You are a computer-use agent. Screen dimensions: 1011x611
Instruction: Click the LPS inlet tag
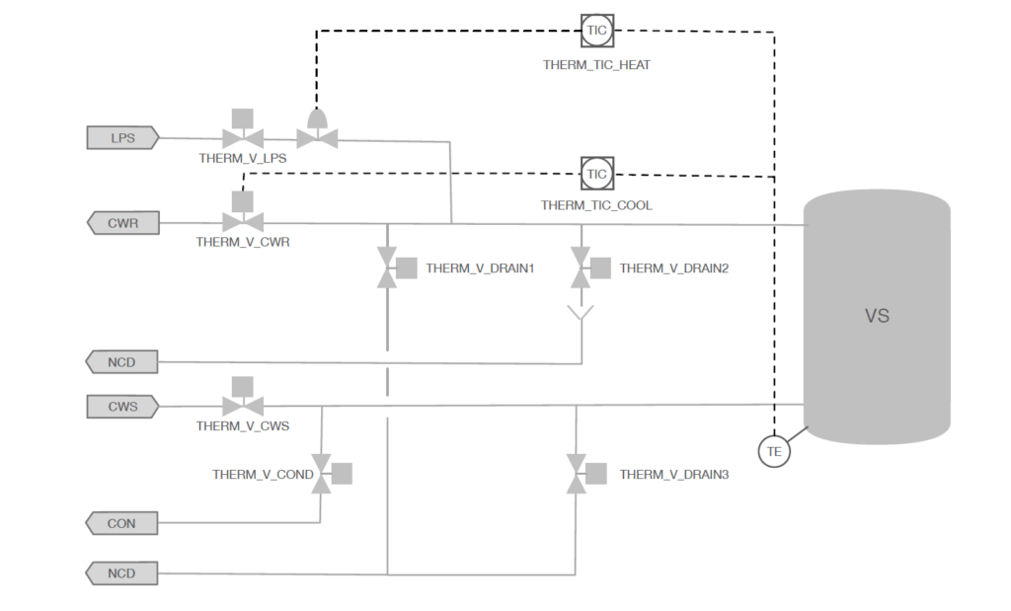point(122,138)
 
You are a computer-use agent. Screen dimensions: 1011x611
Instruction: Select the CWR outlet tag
point(122,223)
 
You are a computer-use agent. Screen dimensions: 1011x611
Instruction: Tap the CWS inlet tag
point(122,407)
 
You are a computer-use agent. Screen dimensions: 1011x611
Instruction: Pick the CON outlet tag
point(121,523)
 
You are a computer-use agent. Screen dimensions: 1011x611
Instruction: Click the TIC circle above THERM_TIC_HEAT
point(597,31)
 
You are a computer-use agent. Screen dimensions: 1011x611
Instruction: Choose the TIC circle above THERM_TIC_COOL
point(597,174)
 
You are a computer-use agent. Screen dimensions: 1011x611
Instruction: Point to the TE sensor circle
point(774,451)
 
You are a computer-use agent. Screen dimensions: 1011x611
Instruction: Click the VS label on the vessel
point(877,316)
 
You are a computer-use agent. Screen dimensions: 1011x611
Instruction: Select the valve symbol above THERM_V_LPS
point(243,129)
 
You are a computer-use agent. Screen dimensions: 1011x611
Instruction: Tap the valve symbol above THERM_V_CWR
point(243,212)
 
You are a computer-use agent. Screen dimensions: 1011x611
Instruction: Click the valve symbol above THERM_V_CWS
point(243,397)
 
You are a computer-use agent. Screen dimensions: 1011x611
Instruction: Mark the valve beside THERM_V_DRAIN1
point(396,267)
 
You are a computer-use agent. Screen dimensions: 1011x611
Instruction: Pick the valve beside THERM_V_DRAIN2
point(590,267)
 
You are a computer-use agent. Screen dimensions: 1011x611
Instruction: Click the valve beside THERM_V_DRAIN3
point(586,474)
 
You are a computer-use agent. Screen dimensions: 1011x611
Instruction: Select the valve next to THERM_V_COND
point(332,474)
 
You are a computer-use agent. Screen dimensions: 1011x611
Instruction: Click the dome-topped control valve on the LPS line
point(317,129)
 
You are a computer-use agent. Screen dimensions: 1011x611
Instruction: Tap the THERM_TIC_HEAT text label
point(596,65)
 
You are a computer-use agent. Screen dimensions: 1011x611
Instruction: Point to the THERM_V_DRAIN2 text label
point(673,268)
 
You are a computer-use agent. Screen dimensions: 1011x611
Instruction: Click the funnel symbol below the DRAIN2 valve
point(581,313)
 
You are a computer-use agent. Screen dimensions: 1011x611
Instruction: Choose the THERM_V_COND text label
point(263,475)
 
